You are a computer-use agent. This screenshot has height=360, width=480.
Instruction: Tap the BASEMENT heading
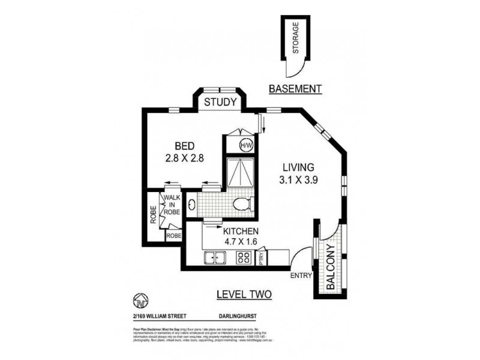coord(295,89)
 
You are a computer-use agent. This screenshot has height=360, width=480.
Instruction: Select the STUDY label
coord(220,102)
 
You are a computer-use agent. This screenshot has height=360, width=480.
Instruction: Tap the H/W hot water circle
coord(246,145)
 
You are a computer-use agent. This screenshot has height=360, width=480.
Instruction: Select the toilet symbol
coord(242,205)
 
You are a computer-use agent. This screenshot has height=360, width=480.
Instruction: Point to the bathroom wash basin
coord(191,204)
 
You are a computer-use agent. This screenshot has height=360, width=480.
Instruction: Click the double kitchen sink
coord(214,258)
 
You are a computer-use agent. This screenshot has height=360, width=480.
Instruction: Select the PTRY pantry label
coord(262,258)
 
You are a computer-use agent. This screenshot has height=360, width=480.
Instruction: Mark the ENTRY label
coord(299,275)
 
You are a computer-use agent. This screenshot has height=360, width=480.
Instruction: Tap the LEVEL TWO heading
coord(243,294)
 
